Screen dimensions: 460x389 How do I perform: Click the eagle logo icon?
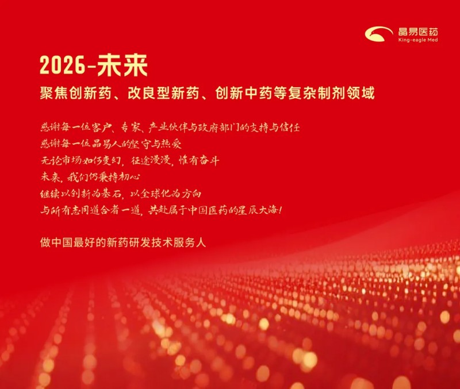[x=379, y=34]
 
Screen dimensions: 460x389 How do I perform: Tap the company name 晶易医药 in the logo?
[x=418, y=32]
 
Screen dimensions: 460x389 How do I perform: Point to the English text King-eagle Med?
[x=418, y=40]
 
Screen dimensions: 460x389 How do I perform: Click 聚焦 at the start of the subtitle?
[x=54, y=93]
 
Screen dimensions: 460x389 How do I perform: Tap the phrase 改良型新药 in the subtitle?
[x=163, y=93]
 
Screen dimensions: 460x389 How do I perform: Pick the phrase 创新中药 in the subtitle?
[x=243, y=93]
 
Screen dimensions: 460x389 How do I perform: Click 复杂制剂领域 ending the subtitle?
[x=331, y=93]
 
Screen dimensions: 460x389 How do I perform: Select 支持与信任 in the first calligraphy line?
[x=275, y=128]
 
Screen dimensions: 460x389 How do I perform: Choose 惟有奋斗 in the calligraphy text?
[x=199, y=160]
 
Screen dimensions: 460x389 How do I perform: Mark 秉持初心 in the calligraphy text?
[x=120, y=177]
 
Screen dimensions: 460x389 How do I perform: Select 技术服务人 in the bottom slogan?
[x=179, y=242]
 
